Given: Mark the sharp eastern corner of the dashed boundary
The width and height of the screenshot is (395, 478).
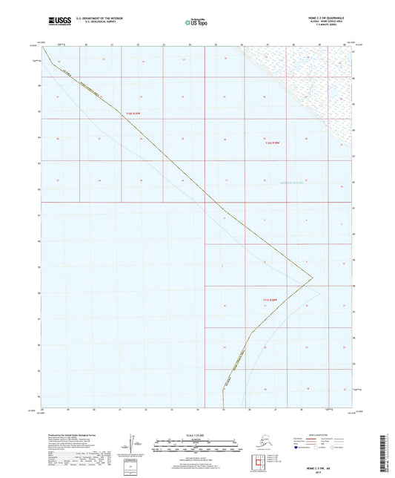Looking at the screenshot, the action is [312, 278].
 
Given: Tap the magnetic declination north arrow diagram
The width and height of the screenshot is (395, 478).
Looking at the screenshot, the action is [133, 445].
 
